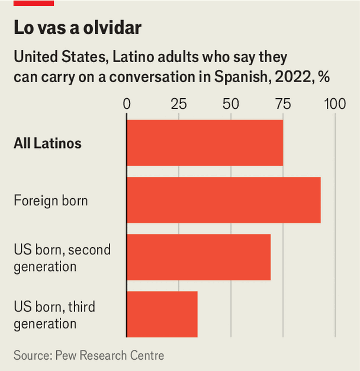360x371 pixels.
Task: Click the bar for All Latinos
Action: pyautogui.click(x=204, y=143)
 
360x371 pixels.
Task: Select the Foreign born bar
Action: pyautogui.click(x=223, y=200)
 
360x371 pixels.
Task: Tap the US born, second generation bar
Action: pyautogui.click(x=198, y=257)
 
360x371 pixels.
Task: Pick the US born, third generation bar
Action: pyautogui.click(x=162, y=314)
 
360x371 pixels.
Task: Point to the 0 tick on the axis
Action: pyautogui.click(x=127, y=104)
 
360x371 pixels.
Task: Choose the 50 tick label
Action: pyautogui.click(x=231, y=104)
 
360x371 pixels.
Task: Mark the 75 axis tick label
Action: pyautogui.click(x=283, y=104)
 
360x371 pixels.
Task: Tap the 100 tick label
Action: pyautogui.click(x=335, y=104)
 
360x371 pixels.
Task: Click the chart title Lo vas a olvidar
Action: pyautogui.click(x=78, y=28)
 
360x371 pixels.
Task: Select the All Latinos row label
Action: pyautogui.click(x=47, y=143)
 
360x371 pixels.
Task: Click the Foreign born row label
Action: pyautogui.click(x=50, y=201)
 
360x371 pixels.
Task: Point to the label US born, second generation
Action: pyautogui.click(x=62, y=258)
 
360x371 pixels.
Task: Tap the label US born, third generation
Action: pyautogui.click(x=54, y=315)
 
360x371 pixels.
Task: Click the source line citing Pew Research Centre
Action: pyautogui.click(x=89, y=355)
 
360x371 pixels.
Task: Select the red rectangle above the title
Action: pyautogui.click(x=34, y=3)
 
